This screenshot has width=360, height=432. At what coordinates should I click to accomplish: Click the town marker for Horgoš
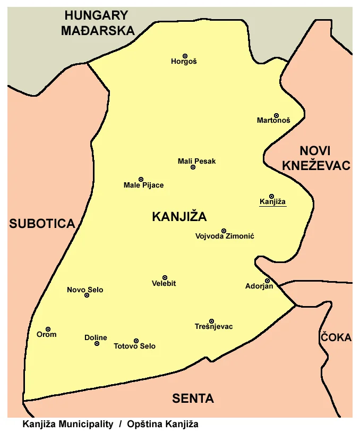coord(185,56)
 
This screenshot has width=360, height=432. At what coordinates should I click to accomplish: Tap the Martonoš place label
coord(273,121)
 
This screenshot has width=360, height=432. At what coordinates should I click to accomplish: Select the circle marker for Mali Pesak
coord(193,167)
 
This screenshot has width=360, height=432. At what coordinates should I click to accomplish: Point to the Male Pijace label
coord(143,185)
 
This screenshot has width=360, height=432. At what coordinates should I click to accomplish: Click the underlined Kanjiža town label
coord(272,202)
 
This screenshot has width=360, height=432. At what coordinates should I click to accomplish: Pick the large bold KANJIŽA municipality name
coord(179,217)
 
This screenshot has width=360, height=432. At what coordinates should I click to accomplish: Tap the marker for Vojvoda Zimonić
coord(224,231)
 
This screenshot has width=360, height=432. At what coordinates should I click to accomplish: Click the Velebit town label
coord(164,284)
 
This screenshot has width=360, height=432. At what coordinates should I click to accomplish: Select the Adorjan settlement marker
coord(267,281)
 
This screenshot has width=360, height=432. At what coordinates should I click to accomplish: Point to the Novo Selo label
coord(85,290)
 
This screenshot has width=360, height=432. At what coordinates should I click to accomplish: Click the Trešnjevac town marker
coord(211,321)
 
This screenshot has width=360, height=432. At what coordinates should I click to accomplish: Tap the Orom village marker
coord(48,329)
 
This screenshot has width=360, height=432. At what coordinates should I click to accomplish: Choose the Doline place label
coord(96,337)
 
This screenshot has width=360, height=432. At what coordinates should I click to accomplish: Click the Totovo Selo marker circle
coord(136,341)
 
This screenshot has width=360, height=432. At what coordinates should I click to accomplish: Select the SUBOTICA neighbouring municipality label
coord(42,224)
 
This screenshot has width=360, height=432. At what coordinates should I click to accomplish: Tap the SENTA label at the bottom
coord(193,399)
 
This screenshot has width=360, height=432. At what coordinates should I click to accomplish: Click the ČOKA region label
coord(335,337)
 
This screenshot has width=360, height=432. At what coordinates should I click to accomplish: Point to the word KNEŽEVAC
coord(316,165)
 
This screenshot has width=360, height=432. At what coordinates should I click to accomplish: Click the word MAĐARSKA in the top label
coord(98,30)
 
